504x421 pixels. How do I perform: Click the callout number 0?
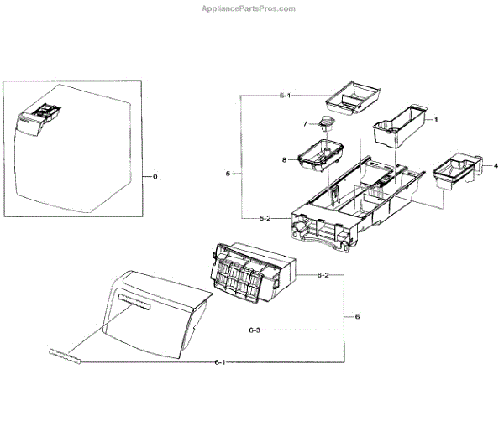[x=154, y=176]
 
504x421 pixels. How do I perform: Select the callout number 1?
[x=436, y=120]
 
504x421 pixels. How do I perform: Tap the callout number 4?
[x=485, y=164]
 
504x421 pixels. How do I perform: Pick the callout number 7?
[x=306, y=125]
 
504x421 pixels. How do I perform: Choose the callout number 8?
[x=285, y=159]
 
